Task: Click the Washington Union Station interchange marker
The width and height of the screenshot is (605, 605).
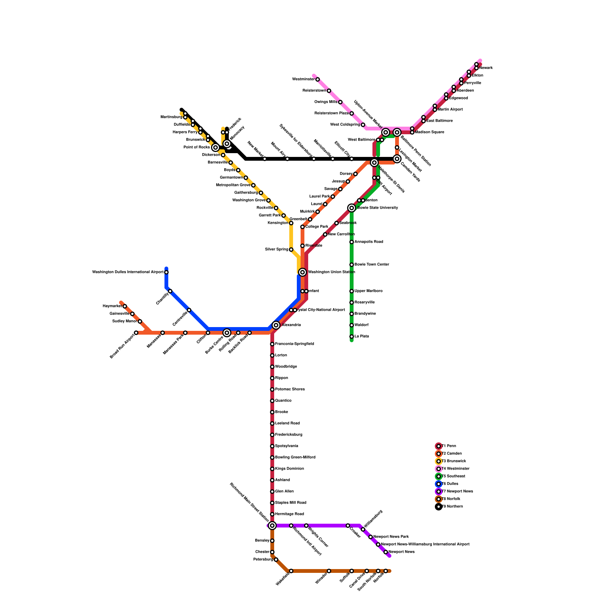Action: (x=302, y=272)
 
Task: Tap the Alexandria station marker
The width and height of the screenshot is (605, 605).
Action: (x=276, y=325)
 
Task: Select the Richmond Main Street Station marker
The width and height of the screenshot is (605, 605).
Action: (x=272, y=526)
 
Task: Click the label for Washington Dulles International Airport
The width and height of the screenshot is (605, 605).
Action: (x=128, y=272)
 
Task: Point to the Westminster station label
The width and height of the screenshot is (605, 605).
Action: (x=303, y=79)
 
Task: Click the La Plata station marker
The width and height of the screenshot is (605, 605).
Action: (x=352, y=337)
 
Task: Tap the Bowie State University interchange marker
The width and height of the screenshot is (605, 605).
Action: (x=352, y=208)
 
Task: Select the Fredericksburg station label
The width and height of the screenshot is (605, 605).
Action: (x=289, y=435)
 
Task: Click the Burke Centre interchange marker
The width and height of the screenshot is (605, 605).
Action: (x=227, y=333)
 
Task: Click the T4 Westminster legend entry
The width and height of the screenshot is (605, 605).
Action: (x=455, y=469)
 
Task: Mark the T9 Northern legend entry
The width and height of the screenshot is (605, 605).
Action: (x=452, y=507)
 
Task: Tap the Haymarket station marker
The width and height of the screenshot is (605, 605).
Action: (x=125, y=306)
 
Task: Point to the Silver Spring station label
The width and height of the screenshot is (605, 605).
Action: (x=276, y=250)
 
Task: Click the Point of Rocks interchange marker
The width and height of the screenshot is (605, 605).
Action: (x=216, y=147)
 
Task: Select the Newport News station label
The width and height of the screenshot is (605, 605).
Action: (x=402, y=552)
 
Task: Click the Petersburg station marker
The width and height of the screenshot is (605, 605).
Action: (x=276, y=560)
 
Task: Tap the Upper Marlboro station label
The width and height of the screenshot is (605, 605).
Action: (x=368, y=291)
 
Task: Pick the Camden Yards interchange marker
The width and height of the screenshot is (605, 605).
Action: (x=397, y=159)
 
